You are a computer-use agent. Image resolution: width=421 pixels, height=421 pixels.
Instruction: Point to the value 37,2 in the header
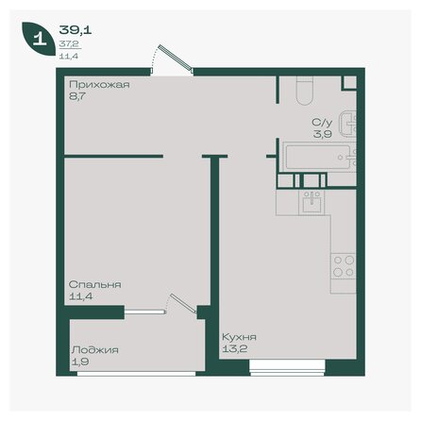click(67, 43)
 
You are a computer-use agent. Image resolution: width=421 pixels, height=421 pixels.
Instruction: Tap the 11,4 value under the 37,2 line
click(67, 55)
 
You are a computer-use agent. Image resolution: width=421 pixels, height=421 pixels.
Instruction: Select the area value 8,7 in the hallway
click(76, 97)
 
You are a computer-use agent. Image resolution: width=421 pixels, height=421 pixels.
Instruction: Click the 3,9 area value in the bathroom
click(323, 134)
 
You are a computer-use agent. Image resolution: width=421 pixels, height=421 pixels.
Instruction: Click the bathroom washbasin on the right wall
click(350, 121)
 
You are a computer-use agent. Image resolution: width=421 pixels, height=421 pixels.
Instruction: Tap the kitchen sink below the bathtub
click(310, 199)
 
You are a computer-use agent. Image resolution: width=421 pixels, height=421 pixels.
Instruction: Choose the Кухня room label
click(239, 336)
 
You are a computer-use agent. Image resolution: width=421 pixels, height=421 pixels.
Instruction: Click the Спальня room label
click(93, 283)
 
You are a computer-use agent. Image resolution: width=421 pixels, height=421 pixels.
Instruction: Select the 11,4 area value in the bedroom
click(80, 295)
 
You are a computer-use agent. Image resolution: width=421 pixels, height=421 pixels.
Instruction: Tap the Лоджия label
click(93, 349)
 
